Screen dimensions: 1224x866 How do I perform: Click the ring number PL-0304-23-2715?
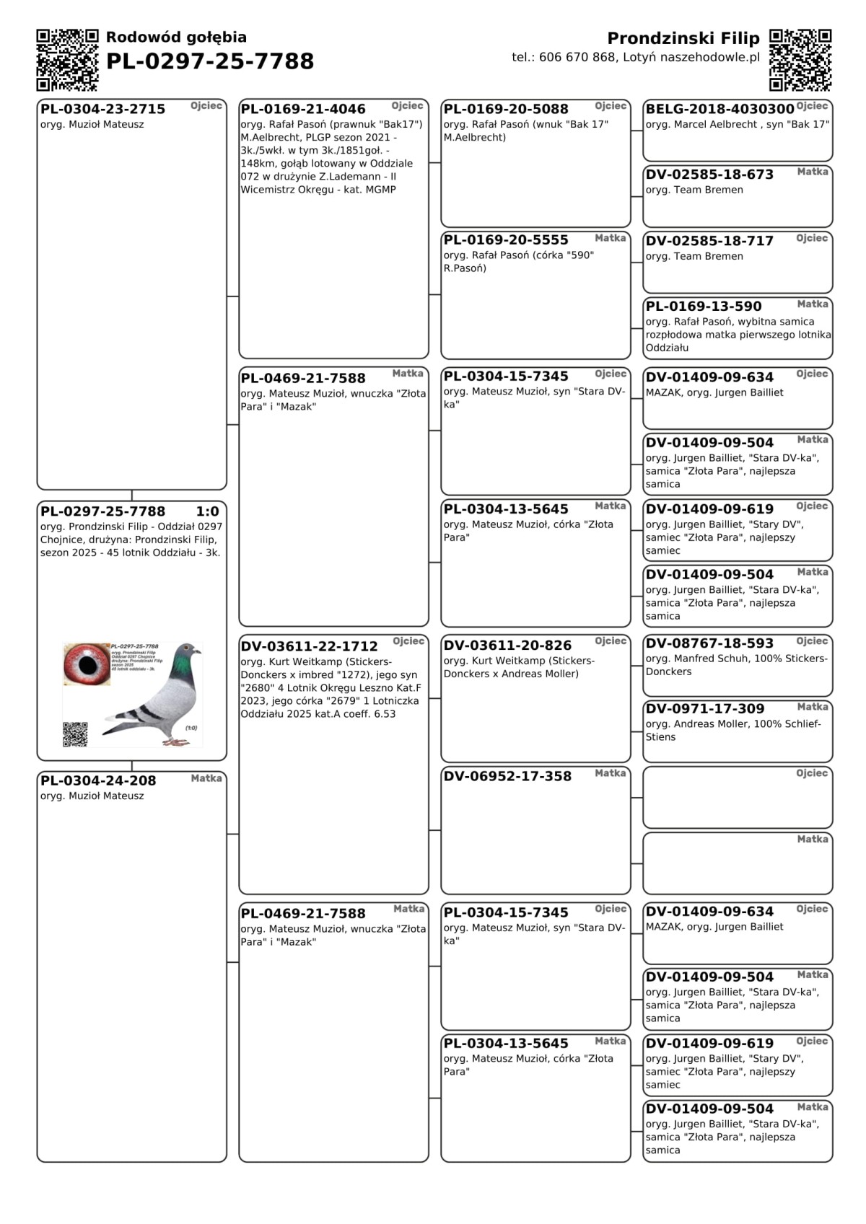coord(102,109)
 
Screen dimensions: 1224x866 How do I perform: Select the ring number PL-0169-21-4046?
coord(303,109)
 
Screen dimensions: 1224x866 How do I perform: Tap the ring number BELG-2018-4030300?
coord(720,109)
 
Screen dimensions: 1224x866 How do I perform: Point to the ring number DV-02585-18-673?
coord(709,175)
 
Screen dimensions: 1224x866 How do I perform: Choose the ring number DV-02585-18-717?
coord(709,241)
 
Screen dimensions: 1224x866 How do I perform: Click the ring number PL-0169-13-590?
coord(704,307)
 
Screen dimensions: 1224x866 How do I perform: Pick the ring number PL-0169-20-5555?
coord(506,240)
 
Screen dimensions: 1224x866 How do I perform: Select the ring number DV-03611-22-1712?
coord(309,646)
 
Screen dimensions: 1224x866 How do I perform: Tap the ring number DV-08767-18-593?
coord(709,643)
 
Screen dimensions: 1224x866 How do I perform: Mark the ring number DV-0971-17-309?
coord(705,709)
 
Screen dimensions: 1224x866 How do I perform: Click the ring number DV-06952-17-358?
coord(507,776)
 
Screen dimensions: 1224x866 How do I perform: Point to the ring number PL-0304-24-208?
coord(98,780)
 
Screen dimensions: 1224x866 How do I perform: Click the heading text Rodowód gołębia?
coord(176,38)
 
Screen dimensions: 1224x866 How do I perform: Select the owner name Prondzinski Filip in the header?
coord(683,38)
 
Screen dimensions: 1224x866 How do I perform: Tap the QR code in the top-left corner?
coord(67,60)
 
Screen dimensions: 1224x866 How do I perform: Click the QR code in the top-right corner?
coord(800,60)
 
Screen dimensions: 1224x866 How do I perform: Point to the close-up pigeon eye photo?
coord(87,664)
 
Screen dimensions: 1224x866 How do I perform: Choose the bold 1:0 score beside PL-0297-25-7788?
coord(207,511)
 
